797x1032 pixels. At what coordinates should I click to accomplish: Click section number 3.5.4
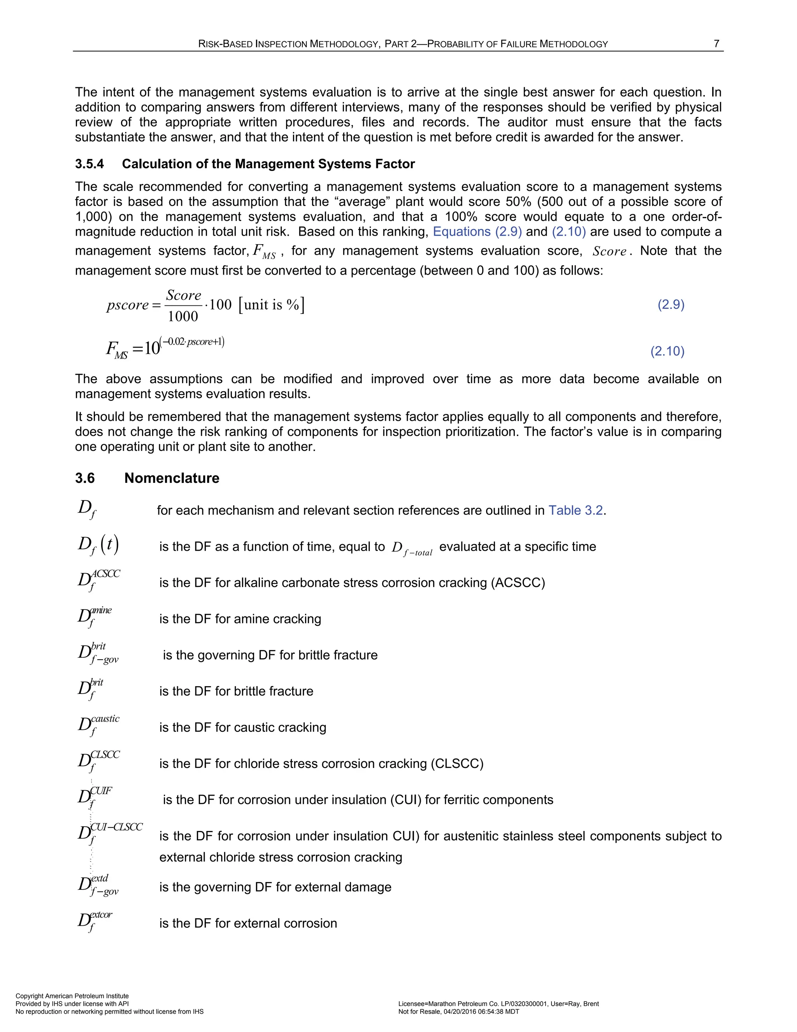pyautogui.click(x=89, y=164)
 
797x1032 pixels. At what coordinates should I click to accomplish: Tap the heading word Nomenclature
pyautogui.click(x=172, y=478)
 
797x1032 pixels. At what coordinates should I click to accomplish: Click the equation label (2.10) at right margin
pyautogui.click(x=667, y=351)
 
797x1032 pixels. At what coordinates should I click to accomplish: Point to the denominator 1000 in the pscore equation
pyautogui.click(x=183, y=316)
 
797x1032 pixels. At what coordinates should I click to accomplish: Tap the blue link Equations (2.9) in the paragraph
pyautogui.click(x=477, y=232)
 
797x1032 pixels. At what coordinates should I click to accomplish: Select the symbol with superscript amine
pyautogui.click(x=95, y=616)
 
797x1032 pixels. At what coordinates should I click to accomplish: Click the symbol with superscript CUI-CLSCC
pyautogui.click(x=109, y=833)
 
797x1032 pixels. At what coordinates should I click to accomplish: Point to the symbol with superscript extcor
pyautogui.click(x=95, y=921)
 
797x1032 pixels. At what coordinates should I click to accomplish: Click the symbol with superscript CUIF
pyautogui.click(x=95, y=797)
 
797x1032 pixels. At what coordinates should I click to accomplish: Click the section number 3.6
pyautogui.click(x=85, y=478)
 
